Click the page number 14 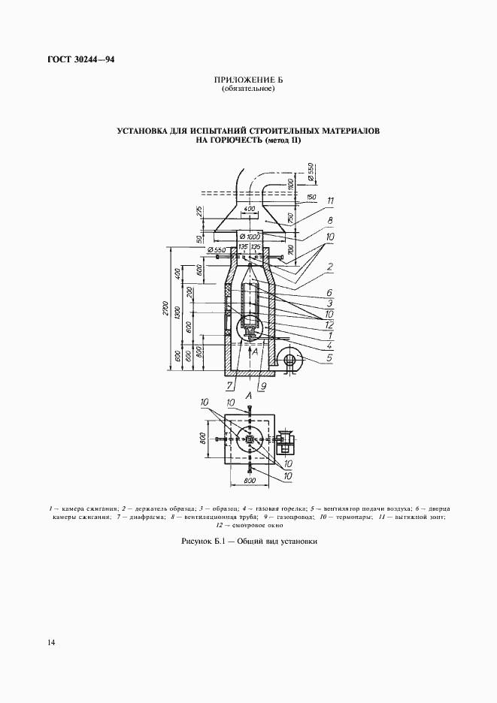click(x=50, y=642)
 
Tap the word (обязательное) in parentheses click(x=248, y=89)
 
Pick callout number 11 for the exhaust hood click(x=330, y=200)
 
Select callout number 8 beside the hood click(x=330, y=220)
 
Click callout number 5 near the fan click(x=329, y=358)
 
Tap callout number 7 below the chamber click(x=230, y=388)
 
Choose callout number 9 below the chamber click(x=262, y=388)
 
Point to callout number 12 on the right click(x=329, y=324)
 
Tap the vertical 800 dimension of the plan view click(x=203, y=439)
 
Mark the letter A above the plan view click(x=249, y=396)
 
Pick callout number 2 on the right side click(x=330, y=267)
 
